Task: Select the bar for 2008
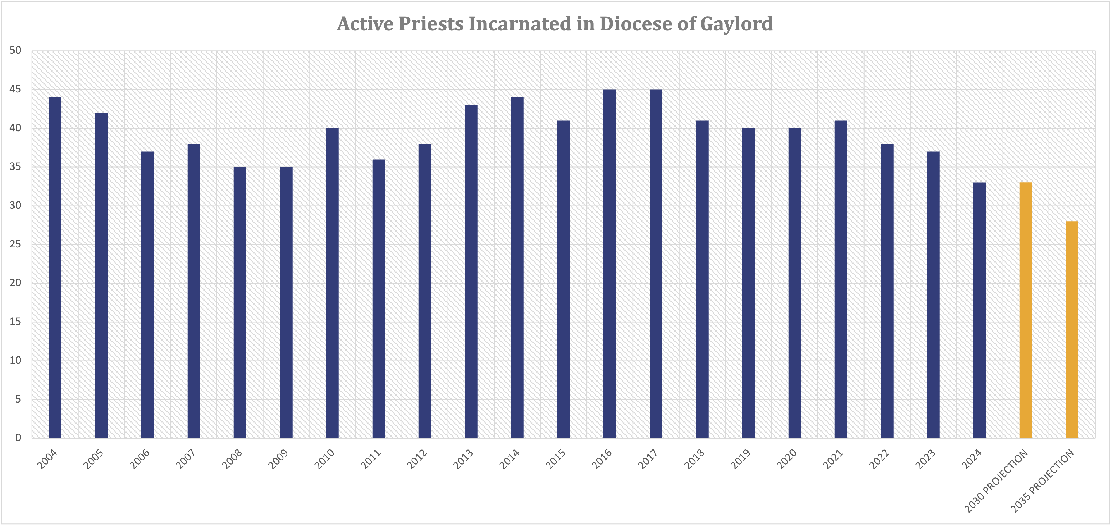pos(240,302)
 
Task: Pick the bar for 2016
pos(610,263)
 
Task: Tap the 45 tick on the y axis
pos(15,89)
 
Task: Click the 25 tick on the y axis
pos(15,244)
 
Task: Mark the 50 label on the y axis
pos(15,51)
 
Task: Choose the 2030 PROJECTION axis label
pos(996,482)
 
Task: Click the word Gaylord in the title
pos(736,24)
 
